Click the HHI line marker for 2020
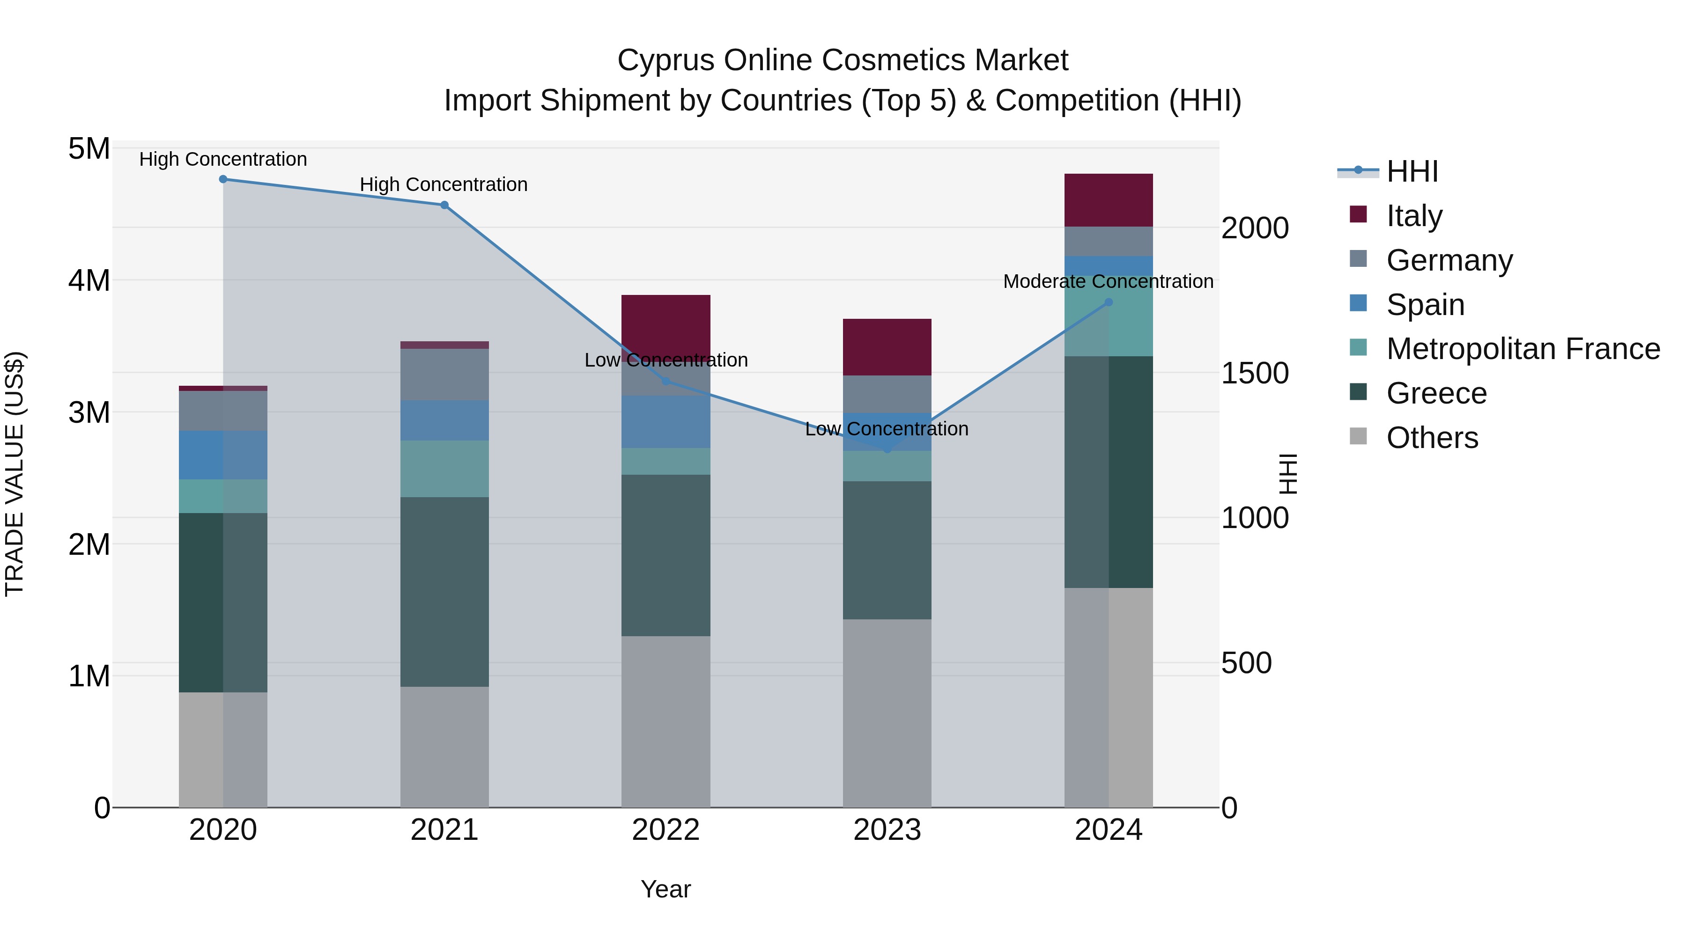tap(223, 179)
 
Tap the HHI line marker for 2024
tap(1109, 302)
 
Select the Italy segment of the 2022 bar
tap(666, 324)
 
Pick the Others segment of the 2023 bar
tap(887, 713)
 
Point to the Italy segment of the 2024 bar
tap(1109, 200)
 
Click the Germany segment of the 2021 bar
tap(444, 374)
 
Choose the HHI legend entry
tap(1412, 171)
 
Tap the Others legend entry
tap(1431, 438)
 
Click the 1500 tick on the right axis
tap(1255, 374)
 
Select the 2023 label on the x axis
tap(887, 830)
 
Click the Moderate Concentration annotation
tap(1108, 281)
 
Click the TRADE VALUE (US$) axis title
tap(15, 474)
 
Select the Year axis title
tap(666, 889)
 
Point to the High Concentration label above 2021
tap(444, 184)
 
